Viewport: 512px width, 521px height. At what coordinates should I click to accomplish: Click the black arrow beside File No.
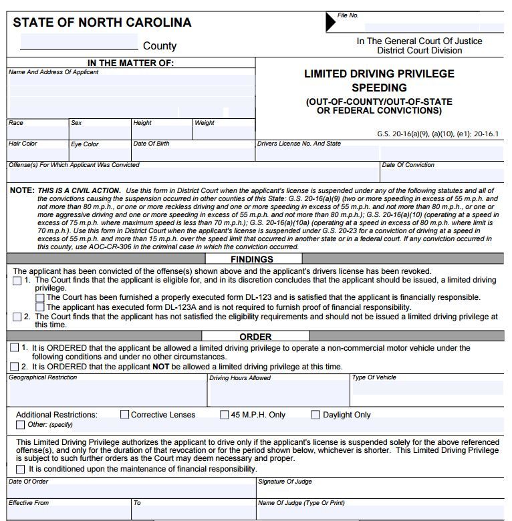[x=330, y=22]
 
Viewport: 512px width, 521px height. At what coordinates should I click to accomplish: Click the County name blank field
[x=79, y=43]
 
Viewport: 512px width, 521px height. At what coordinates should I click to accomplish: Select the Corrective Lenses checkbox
[x=124, y=415]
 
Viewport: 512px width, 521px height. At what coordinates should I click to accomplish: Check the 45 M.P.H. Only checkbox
[x=225, y=415]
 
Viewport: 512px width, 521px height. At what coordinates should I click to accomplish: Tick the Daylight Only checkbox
[x=315, y=415]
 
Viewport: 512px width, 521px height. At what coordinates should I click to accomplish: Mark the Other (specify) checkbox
[x=21, y=425]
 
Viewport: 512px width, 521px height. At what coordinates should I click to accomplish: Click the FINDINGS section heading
[x=252, y=259]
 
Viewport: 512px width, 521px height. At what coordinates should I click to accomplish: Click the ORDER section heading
[x=255, y=337]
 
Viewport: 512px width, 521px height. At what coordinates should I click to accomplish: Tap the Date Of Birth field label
[x=151, y=144]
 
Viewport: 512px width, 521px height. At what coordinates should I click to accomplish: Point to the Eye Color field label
[x=85, y=144]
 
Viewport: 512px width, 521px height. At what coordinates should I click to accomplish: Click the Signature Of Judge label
[x=285, y=482]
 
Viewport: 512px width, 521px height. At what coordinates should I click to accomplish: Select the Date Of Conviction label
[x=408, y=165]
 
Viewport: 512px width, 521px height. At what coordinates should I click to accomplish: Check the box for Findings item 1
[x=17, y=281]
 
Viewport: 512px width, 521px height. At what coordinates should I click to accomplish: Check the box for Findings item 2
[x=17, y=317]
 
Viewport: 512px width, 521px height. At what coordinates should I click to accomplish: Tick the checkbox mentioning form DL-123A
[x=40, y=307]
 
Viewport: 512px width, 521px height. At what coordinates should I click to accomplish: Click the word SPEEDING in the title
[x=379, y=88]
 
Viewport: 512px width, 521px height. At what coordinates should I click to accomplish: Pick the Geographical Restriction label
[x=43, y=377]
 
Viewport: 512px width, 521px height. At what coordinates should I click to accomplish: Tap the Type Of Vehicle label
[x=374, y=377]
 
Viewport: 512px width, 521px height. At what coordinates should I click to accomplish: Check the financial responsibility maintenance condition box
[x=21, y=469]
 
